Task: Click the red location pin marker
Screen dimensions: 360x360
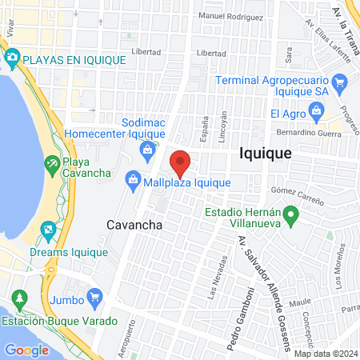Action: [x=181, y=162]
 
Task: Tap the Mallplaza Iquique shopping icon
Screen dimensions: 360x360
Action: [x=134, y=182]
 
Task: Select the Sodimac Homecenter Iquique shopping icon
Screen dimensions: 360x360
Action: [x=147, y=150]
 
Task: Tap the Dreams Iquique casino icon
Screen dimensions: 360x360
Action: [x=48, y=232]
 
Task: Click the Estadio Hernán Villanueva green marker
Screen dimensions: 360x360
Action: [x=291, y=214]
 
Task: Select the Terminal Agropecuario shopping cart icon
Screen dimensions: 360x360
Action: [x=339, y=82]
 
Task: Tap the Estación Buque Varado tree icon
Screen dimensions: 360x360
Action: [x=19, y=301]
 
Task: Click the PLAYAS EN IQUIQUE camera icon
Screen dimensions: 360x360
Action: [x=12, y=58]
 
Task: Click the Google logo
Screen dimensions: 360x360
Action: [x=26, y=350]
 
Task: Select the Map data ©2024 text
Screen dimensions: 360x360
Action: [x=325, y=354]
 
